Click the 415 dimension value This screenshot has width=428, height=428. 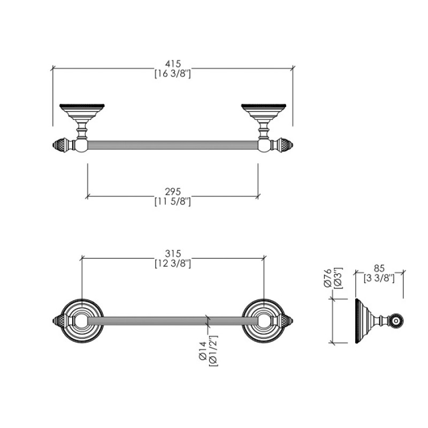click(173, 64)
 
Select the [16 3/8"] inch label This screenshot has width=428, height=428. click(172, 74)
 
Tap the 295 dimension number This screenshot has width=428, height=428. click(173, 192)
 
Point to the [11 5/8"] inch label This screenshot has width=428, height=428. click(172, 202)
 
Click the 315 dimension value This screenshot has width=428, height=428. click(173, 254)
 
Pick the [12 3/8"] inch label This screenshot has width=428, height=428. click(173, 264)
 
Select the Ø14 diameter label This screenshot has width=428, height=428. click(203, 351)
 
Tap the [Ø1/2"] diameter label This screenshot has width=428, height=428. click(213, 351)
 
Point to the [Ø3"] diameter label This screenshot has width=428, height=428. click(338, 278)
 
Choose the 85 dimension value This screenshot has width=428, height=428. click(379, 269)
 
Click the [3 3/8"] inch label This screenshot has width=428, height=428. click(379, 278)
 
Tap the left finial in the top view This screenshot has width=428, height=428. click(59, 145)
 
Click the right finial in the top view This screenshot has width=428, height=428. click(286, 145)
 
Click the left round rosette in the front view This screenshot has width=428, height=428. click(82, 321)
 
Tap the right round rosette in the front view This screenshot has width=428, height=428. click(264, 321)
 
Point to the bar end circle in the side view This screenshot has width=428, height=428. click(396, 321)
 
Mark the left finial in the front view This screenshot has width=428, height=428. click(59, 321)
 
